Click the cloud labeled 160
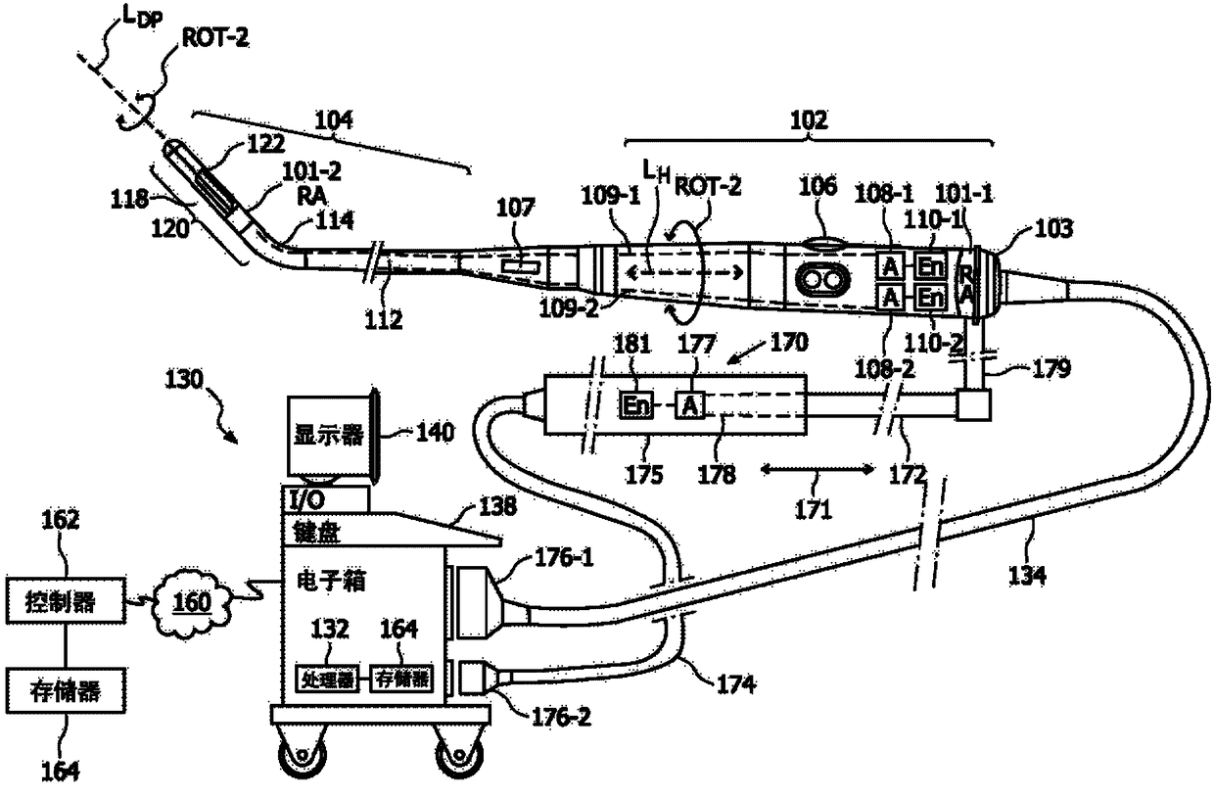click(x=191, y=599)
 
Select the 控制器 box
click(x=66, y=601)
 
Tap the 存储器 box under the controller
click(x=66, y=691)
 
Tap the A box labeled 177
click(x=690, y=405)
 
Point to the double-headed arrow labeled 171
click(x=816, y=471)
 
